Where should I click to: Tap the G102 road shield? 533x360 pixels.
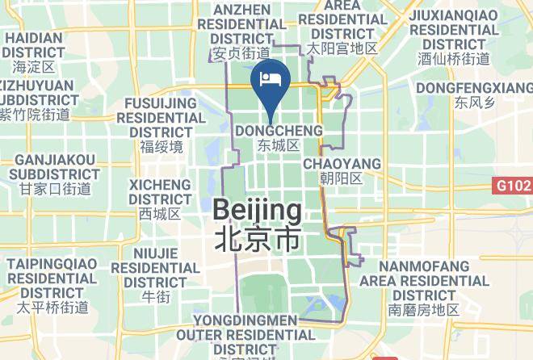[x=513, y=186]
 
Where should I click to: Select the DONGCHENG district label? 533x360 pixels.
[x=279, y=130]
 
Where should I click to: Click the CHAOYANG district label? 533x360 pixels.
[x=342, y=164]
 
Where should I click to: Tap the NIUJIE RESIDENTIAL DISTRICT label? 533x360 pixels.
[x=155, y=266]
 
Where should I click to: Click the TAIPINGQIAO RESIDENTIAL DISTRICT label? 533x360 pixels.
[x=52, y=277]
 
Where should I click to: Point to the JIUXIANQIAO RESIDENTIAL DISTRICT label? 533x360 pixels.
[x=454, y=29]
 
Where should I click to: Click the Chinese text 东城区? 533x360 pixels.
[x=279, y=146]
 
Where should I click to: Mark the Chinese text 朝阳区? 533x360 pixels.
[x=342, y=178]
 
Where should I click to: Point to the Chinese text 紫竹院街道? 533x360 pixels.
[x=35, y=115]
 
